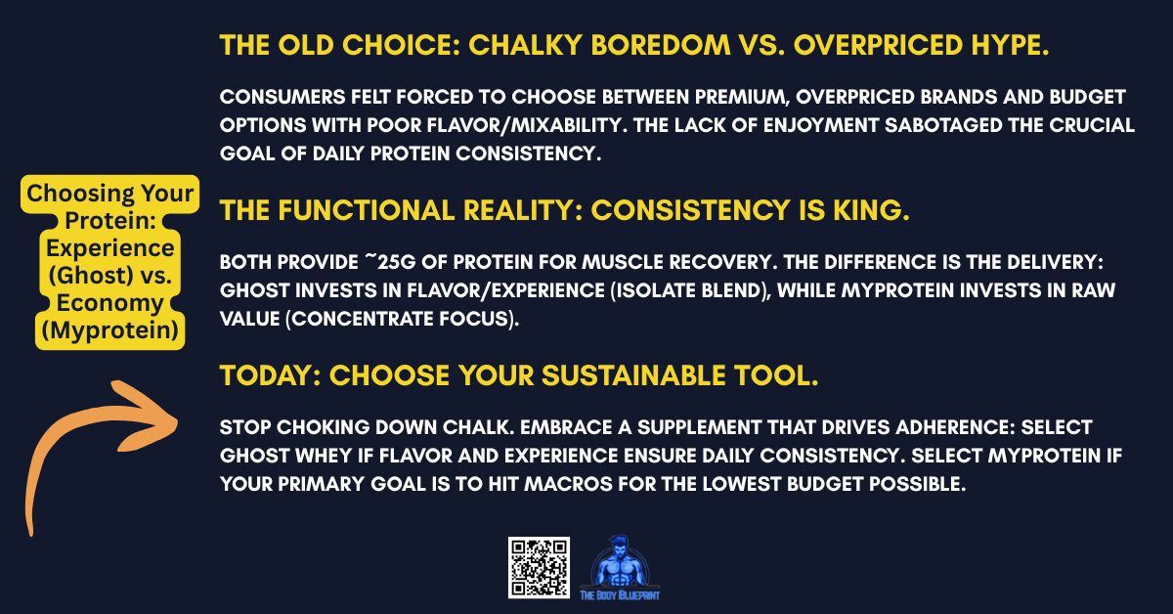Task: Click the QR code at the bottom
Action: tap(538, 568)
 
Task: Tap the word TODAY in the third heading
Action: tap(256, 375)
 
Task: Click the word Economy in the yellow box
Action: tap(104, 303)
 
